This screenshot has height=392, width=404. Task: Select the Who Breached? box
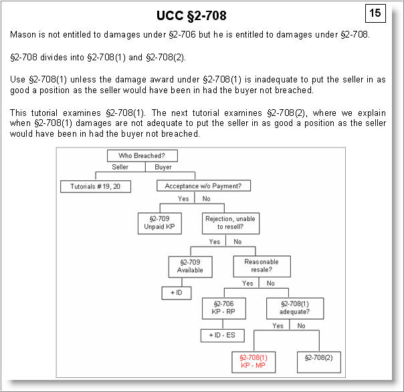click(x=140, y=155)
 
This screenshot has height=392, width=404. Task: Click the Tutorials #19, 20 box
click(x=96, y=186)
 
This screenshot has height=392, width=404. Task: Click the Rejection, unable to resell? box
click(x=230, y=222)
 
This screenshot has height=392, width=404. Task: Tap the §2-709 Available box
click(x=190, y=266)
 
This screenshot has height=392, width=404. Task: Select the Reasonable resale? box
click(x=262, y=266)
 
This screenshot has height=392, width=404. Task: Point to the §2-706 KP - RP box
click(x=225, y=308)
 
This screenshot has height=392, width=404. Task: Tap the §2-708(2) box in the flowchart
click(x=318, y=361)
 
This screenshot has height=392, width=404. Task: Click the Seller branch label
click(x=120, y=168)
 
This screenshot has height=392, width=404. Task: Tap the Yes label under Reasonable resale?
click(x=247, y=283)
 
